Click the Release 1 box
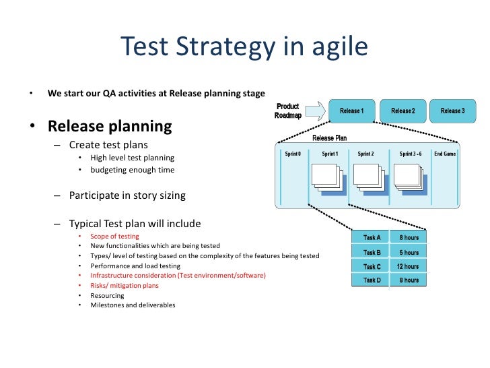351,111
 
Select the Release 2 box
403,111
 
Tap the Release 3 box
452,111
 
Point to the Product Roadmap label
287,111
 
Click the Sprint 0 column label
292,154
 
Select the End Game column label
445,154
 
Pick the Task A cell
372,237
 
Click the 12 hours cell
408,266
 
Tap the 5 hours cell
408,252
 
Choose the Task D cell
372,280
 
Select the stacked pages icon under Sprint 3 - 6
410,177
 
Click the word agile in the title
338,47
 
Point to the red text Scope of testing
114,237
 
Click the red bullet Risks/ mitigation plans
125,285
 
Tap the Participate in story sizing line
127,196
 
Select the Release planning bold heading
109,126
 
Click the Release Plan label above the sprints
329,138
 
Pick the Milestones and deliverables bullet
133,305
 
